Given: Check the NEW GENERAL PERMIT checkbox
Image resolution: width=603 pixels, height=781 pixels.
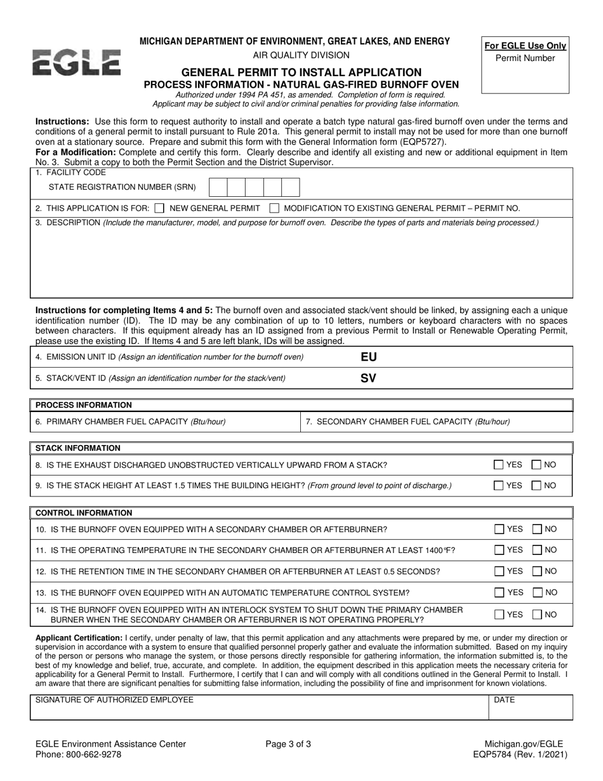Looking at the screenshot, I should [x=159, y=208].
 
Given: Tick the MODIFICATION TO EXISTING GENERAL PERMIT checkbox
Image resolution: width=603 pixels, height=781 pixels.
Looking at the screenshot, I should [x=274, y=208].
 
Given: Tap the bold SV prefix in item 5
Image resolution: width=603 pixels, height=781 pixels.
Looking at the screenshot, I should [x=368, y=378].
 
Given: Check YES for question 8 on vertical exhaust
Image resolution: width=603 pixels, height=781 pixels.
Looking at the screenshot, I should [x=500, y=465].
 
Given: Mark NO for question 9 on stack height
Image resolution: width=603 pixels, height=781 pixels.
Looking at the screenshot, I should [x=536, y=485].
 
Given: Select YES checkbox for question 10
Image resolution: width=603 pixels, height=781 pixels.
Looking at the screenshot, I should [x=500, y=529].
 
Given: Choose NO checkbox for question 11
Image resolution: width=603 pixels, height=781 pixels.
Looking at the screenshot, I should [x=536, y=550].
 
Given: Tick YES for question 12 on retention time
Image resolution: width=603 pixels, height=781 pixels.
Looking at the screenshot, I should [x=500, y=571].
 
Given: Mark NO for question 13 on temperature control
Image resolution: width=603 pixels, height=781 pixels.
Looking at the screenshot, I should [x=536, y=592].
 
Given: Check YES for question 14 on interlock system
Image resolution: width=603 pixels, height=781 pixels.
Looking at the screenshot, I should [x=500, y=614].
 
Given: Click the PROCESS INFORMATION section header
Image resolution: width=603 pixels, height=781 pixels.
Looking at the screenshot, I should [x=84, y=405].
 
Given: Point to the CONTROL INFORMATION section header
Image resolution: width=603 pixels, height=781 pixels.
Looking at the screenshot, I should [x=84, y=512].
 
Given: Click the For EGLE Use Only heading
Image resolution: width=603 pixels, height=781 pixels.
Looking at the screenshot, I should [x=525, y=46].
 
